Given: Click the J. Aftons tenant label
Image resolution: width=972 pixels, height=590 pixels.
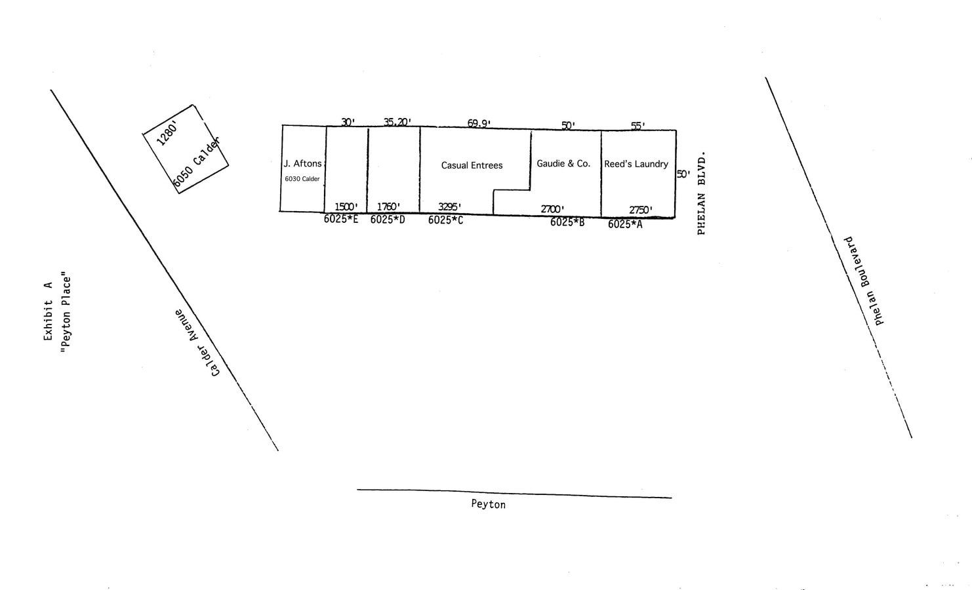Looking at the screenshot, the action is (x=302, y=163).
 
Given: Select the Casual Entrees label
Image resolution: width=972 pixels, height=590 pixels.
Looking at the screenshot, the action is (x=472, y=165).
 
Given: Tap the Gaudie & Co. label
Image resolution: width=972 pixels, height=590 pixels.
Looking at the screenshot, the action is (x=563, y=163).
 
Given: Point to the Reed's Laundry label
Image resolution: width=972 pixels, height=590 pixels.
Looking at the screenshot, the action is (x=636, y=164).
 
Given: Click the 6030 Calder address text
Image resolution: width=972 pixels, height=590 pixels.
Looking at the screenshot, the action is (x=302, y=179).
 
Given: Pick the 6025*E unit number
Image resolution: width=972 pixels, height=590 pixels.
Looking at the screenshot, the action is (x=341, y=219).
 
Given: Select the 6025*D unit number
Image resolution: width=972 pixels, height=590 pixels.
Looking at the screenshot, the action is (x=388, y=220).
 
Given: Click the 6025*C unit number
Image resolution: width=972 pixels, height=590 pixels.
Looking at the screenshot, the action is (x=445, y=220).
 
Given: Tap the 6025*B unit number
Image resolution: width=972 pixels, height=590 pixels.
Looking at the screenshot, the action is (x=567, y=222).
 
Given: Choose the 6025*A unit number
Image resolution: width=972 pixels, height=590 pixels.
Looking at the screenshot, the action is (x=625, y=224).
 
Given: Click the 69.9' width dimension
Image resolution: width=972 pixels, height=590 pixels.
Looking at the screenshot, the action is (x=479, y=123).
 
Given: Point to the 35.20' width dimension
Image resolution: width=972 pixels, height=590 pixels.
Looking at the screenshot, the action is (x=397, y=122).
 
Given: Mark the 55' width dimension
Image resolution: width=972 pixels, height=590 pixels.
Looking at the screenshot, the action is (x=638, y=126).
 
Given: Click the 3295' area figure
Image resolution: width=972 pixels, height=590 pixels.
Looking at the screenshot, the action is (x=449, y=206).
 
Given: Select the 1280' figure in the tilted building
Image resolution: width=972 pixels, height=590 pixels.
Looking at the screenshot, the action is (x=167, y=134).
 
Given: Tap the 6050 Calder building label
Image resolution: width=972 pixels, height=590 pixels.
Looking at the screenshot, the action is (x=196, y=163).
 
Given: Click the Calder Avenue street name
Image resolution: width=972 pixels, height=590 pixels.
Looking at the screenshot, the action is (x=197, y=343).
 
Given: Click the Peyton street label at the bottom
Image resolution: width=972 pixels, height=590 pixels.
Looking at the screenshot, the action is (x=488, y=504).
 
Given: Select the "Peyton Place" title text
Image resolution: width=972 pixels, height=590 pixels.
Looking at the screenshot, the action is (x=65, y=312).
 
